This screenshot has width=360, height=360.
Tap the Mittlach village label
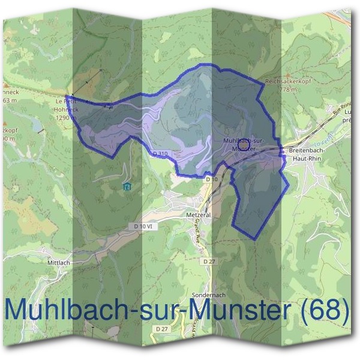click(x=59, y=262)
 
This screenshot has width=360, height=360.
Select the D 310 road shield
click(x=160, y=154)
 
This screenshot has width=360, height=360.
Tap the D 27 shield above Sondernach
click(x=209, y=262)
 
